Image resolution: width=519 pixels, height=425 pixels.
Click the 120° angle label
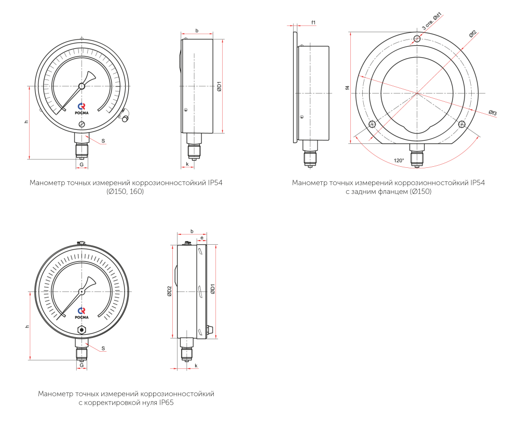(399, 161)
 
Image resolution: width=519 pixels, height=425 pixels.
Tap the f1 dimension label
(313, 22)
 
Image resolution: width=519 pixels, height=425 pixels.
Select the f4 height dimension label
(347, 87)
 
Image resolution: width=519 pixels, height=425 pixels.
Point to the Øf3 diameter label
(493, 113)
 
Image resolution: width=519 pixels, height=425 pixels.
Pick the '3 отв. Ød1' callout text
(432, 22)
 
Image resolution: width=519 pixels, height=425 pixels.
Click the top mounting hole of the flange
(417, 39)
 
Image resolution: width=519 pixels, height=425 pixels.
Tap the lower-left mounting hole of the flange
(372, 124)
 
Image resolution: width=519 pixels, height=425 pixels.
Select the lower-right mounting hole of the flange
(462, 124)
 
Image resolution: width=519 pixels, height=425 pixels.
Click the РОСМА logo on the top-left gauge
(81, 109)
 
